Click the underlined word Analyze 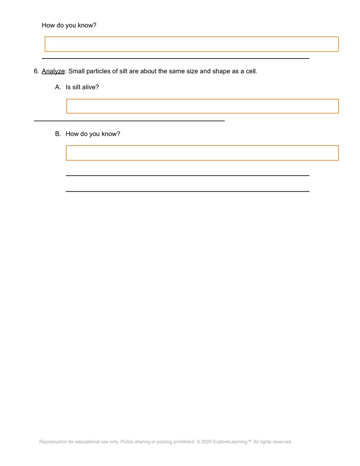tap(53, 71)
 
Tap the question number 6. tap(36, 71)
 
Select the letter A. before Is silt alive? tap(58, 87)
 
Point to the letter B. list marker tap(58, 134)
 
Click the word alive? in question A tap(90, 87)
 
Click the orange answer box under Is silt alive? tap(202, 106)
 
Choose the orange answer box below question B tap(202, 153)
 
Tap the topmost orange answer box tap(191, 44)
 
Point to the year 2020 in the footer tap(206, 442)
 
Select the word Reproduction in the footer tap(53, 442)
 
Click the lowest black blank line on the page tap(187, 191)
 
